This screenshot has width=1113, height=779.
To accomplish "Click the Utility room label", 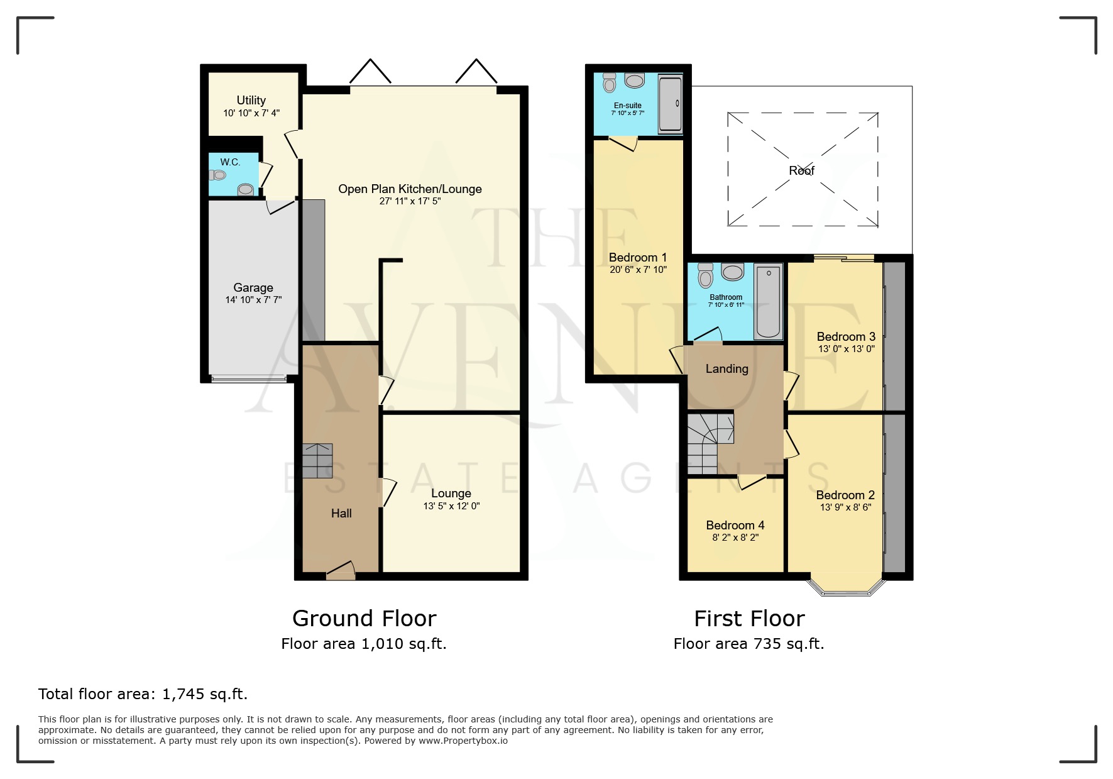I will click(251, 100).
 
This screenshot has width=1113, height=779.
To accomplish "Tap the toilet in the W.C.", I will click(245, 189).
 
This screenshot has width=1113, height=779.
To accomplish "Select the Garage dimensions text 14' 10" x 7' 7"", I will click(253, 301).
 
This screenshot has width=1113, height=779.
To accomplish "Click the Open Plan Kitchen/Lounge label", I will click(410, 189).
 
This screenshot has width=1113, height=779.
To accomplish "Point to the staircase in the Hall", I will click(317, 461).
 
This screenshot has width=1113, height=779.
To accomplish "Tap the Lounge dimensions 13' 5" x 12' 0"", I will click(451, 506).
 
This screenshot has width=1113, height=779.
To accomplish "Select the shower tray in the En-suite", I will click(670, 104).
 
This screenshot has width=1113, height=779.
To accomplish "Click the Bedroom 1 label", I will click(637, 257).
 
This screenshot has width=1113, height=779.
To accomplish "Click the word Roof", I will click(801, 170).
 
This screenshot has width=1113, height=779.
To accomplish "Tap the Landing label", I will click(726, 369).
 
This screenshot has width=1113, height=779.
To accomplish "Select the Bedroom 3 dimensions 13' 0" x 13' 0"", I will click(845, 349).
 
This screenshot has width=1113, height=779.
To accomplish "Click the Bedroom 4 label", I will click(735, 525).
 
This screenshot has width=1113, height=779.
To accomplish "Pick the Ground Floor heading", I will click(364, 619).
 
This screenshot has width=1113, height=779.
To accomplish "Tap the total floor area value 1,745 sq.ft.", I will click(204, 694).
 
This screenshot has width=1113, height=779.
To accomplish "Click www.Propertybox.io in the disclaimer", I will click(463, 741).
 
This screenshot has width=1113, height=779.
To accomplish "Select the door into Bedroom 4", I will click(752, 482).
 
